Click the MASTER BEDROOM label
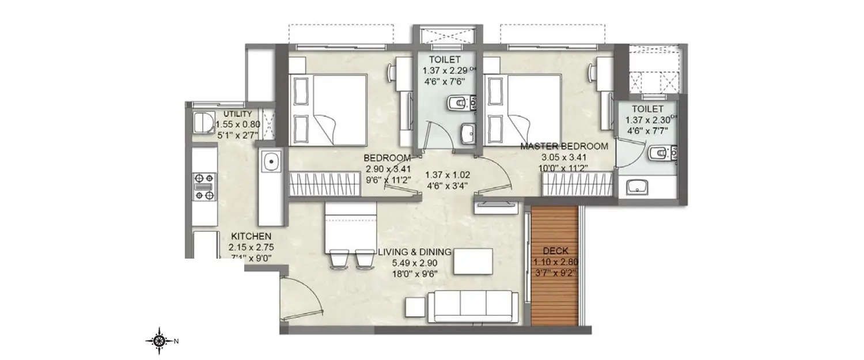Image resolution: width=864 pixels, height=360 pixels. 564,146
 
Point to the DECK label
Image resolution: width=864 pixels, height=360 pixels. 556,251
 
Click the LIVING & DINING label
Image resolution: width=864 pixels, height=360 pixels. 414,252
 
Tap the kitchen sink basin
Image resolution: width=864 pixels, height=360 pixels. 270,161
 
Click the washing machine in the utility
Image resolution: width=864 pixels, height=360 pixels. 201,122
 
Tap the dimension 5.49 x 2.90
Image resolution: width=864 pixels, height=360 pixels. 414,263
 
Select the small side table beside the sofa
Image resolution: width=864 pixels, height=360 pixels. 416,308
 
